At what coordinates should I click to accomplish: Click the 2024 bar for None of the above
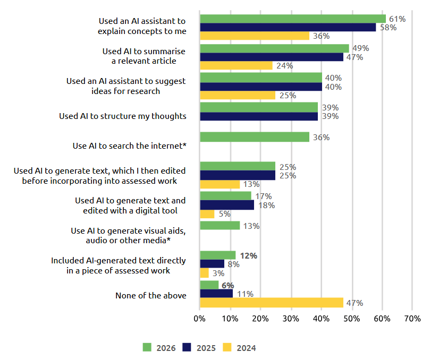click(x=271, y=303)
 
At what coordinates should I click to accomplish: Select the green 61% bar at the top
click(x=292, y=19)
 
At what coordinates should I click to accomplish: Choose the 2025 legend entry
click(x=199, y=348)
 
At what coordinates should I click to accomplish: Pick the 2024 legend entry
click(x=240, y=348)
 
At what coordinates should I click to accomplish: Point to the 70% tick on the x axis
click(x=412, y=319)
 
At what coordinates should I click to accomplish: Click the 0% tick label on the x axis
click(x=199, y=319)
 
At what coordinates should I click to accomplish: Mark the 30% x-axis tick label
click(x=291, y=319)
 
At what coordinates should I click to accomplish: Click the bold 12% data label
click(x=249, y=255)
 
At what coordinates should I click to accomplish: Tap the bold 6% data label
click(x=227, y=285)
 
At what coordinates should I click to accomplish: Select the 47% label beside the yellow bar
click(x=355, y=303)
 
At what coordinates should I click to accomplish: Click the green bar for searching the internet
click(x=254, y=137)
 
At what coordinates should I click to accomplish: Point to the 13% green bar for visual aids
click(x=220, y=226)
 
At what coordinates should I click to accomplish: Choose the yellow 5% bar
click(x=207, y=214)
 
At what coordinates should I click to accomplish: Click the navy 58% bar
click(x=288, y=28)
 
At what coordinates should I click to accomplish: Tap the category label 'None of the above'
click(x=151, y=295)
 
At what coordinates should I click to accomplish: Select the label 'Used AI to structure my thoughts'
click(x=123, y=116)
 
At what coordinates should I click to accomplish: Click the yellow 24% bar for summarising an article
click(x=236, y=66)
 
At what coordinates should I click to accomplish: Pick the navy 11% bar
click(x=216, y=294)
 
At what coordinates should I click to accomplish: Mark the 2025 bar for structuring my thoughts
click(x=258, y=116)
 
